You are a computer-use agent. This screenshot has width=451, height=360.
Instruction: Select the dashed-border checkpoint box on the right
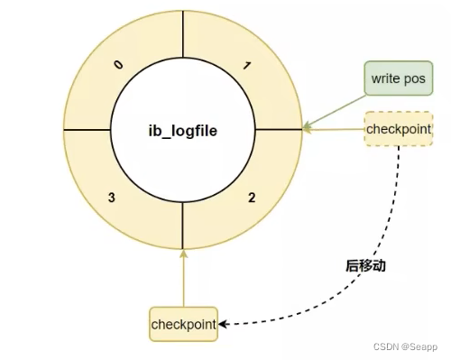click(x=398, y=129)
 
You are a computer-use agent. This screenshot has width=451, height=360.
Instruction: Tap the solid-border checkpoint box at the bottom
click(x=184, y=323)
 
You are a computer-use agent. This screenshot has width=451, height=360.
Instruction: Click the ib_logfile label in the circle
click(x=183, y=131)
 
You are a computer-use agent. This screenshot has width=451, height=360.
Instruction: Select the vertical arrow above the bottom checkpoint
click(x=184, y=280)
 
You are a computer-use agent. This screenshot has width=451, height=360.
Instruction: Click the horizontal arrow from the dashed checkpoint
click(x=334, y=130)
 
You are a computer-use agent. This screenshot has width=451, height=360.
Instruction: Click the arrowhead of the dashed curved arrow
click(x=225, y=323)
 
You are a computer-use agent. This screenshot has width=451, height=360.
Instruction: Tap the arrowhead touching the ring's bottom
click(x=184, y=253)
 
